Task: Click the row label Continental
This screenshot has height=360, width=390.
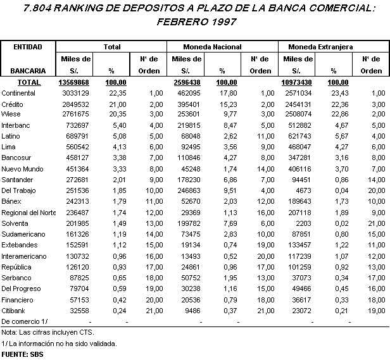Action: [18, 93]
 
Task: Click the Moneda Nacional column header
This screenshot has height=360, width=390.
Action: [222, 47]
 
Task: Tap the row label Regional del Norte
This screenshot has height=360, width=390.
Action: [28, 213]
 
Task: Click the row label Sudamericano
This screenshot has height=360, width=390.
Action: [22, 235]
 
